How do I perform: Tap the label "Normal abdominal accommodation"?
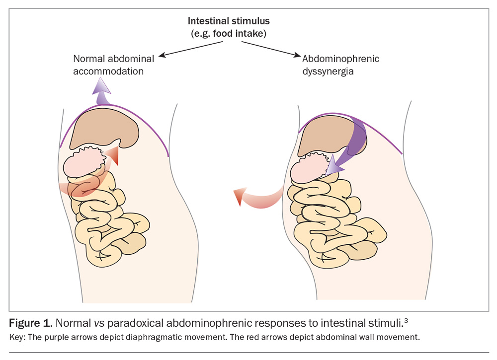[x=113, y=65]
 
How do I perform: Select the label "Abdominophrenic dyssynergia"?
[x=341, y=65]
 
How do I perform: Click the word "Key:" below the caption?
[x=18, y=337]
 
